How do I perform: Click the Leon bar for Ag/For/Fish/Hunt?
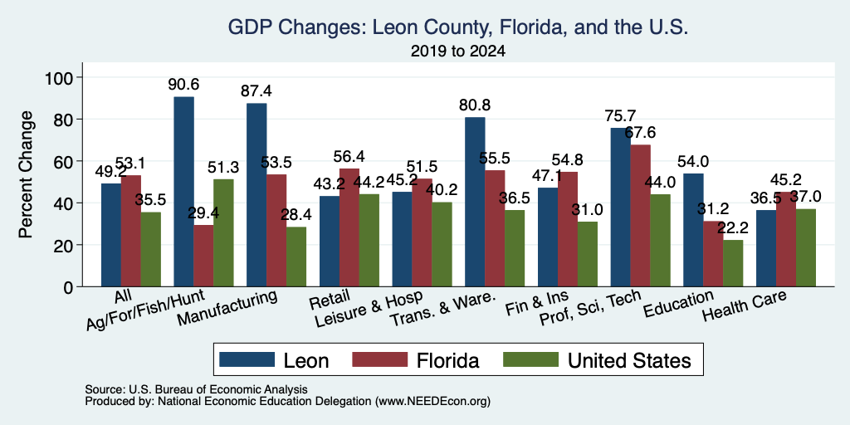(183, 192)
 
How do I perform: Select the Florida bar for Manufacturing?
(276, 231)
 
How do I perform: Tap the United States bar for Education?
(733, 263)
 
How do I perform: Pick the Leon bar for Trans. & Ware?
(475, 202)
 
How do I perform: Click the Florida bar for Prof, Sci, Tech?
(640, 216)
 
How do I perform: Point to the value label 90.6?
(183, 85)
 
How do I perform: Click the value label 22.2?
(733, 228)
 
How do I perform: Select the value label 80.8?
(475, 105)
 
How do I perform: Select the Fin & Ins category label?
(537, 303)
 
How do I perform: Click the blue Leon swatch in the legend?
(247, 359)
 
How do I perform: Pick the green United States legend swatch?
(530, 359)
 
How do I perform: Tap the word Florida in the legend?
(447, 360)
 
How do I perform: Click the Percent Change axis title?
(26, 174)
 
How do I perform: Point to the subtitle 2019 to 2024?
(458, 51)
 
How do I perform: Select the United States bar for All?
(151, 249)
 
